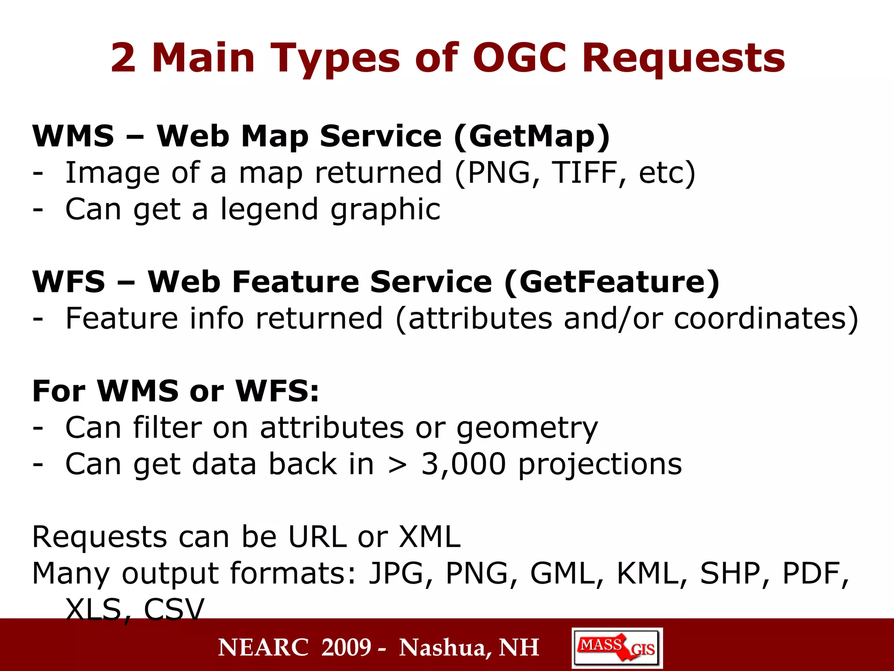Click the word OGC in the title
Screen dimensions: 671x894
(519, 58)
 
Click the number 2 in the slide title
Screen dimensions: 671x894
(123, 59)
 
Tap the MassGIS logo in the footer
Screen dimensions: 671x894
(617, 648)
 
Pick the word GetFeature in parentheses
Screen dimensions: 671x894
(612, 282)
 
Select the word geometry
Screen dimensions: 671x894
(527, 428)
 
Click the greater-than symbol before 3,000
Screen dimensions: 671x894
(397, 465)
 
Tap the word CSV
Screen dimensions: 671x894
(174, 609)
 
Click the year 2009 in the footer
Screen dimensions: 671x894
(346, 647)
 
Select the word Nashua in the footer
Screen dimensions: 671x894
(445, 647)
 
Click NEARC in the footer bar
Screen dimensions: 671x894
(264, 647)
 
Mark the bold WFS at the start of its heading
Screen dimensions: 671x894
(69, 282)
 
